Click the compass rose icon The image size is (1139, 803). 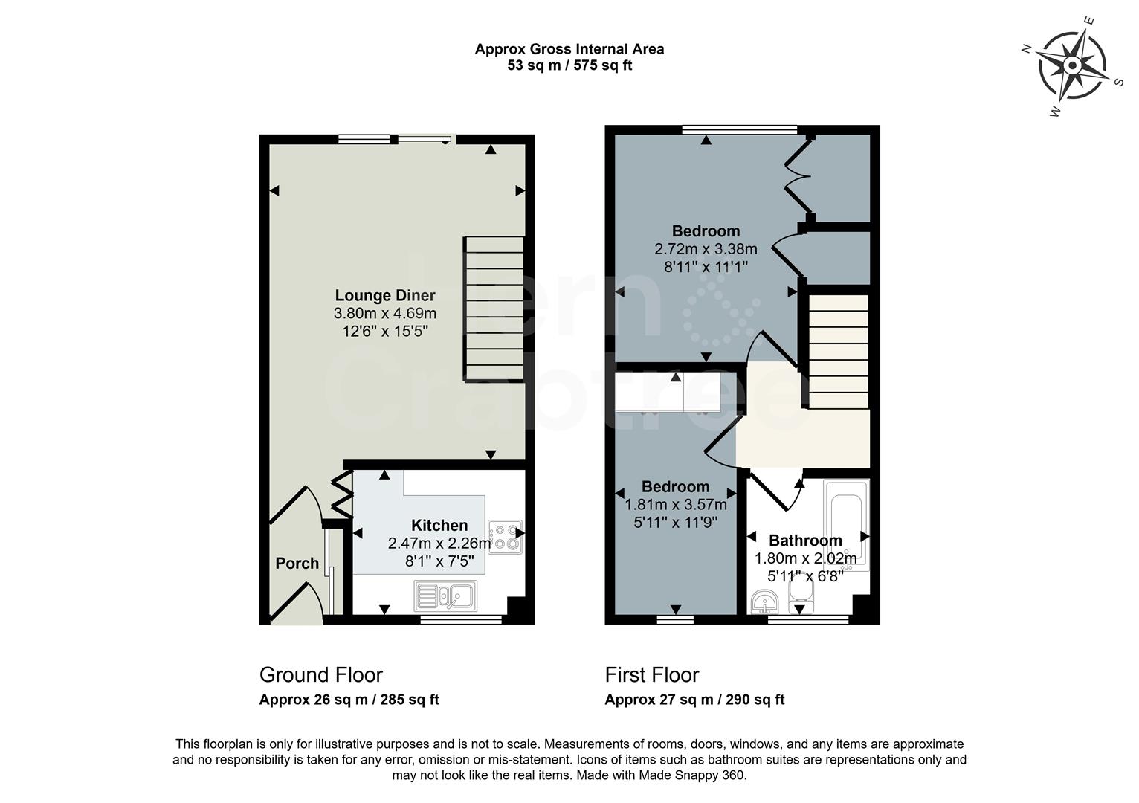coord(1072,66)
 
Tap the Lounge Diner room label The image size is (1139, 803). coord(384,295)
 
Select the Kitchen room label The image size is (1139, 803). coord(439,526)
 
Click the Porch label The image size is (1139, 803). coord(297,563)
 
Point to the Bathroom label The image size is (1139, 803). coord(805,541)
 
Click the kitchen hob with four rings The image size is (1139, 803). coord(505,537)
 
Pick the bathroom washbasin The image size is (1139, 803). coord(764,601)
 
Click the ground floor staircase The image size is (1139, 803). coord(494,309)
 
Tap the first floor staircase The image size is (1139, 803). coord(838,351)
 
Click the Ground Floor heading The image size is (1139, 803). coord(320,675)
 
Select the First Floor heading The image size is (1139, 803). coord(652,675)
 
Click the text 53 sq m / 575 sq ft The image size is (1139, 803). coord(569,65)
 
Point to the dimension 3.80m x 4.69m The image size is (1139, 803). coord(384,314)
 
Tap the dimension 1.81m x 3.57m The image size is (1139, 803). coord(676,505)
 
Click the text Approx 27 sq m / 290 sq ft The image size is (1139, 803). coord(694,700)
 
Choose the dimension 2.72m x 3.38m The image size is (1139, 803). coord(706,249)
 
